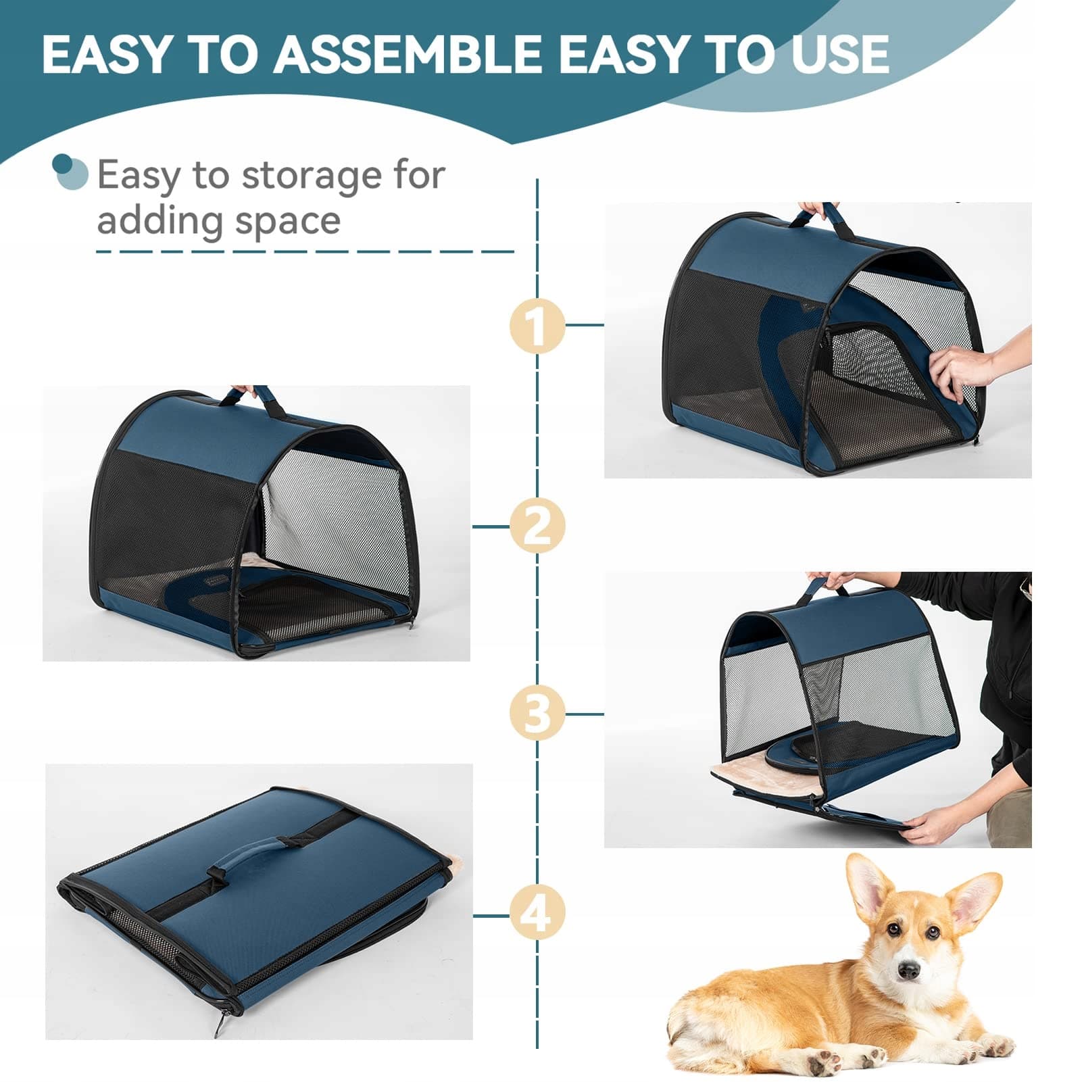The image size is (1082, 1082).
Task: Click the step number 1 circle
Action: tap(537, 326)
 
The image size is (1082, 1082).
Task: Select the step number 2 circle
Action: tap(537, 526)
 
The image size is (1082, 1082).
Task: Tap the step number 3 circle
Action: tap(537, 713)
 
